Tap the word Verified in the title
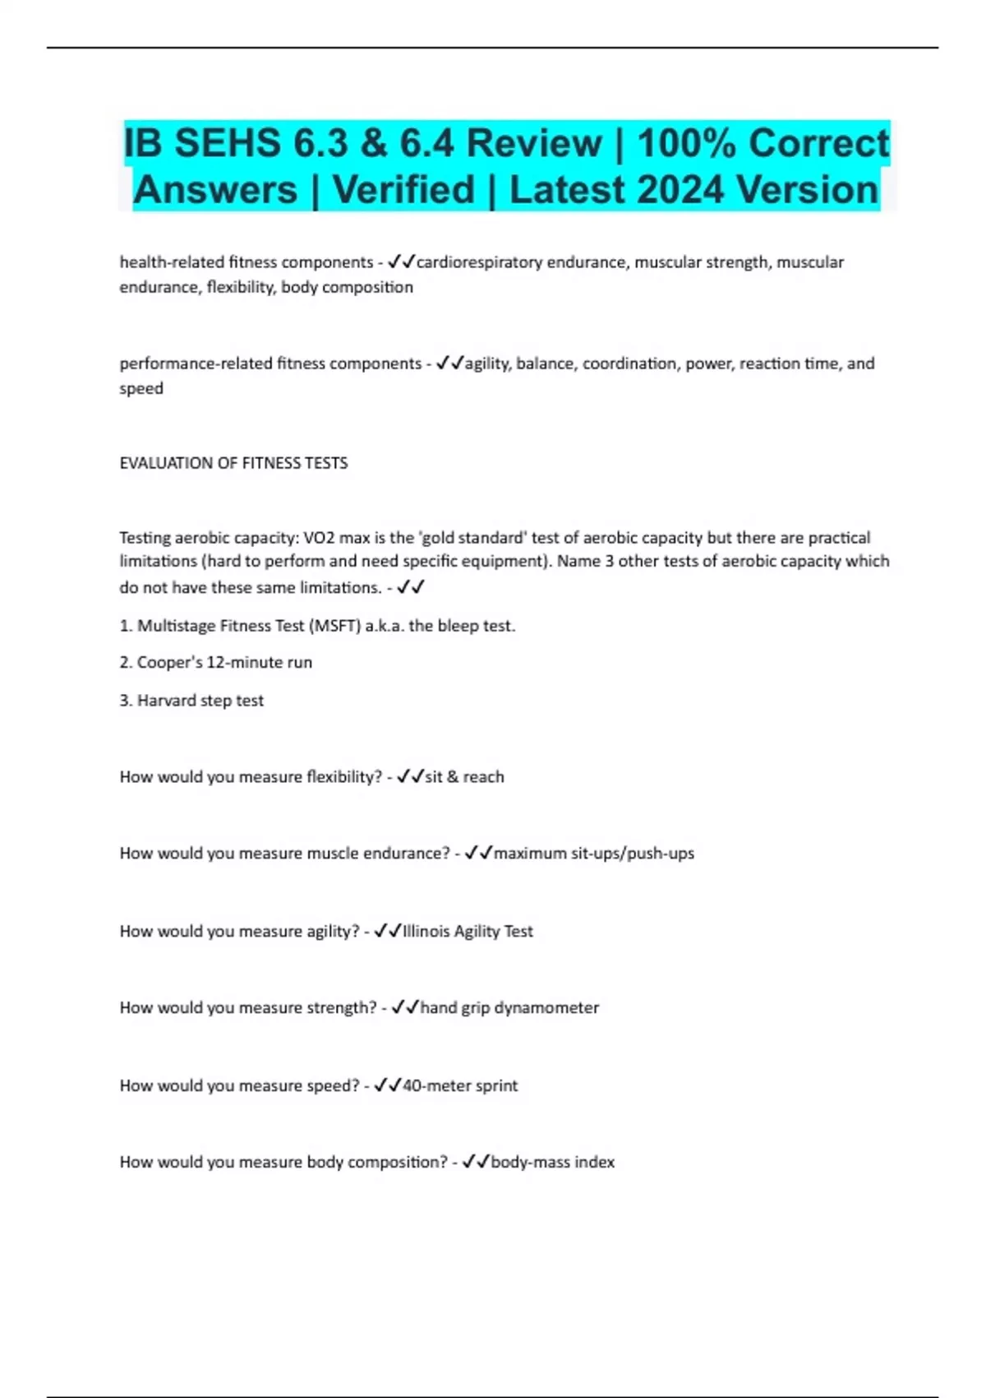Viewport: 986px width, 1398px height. [x=404, y=190]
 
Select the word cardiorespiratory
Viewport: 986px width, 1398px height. [x=480, y=262]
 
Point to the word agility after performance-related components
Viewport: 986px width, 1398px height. [x=486, y=363]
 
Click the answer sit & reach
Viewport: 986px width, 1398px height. [x=464, y=777]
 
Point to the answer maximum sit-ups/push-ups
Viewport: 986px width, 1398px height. [x=593, y=854]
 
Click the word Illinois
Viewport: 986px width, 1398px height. [x=426, y=932]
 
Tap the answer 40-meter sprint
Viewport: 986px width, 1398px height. [x=459, y=1086]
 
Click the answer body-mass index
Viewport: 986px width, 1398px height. [x=552, y=1162]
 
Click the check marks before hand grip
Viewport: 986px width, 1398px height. [x=405, y=1007]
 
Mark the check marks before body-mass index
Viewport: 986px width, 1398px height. [x=476, y=1161]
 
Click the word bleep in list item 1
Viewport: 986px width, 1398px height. [x=455, y=626]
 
